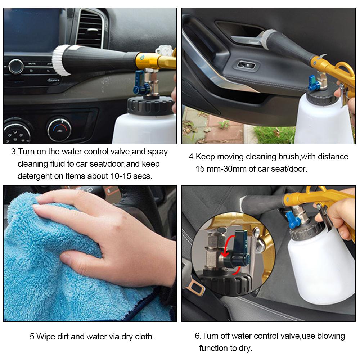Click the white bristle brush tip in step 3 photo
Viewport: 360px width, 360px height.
(61, 60)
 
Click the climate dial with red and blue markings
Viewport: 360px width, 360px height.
(59, 129)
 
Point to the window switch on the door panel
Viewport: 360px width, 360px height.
(246, 66)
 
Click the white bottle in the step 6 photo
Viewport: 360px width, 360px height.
(320, 266)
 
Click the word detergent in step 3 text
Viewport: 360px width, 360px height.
(34, 176)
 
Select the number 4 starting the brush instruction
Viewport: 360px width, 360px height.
(191, 157)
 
